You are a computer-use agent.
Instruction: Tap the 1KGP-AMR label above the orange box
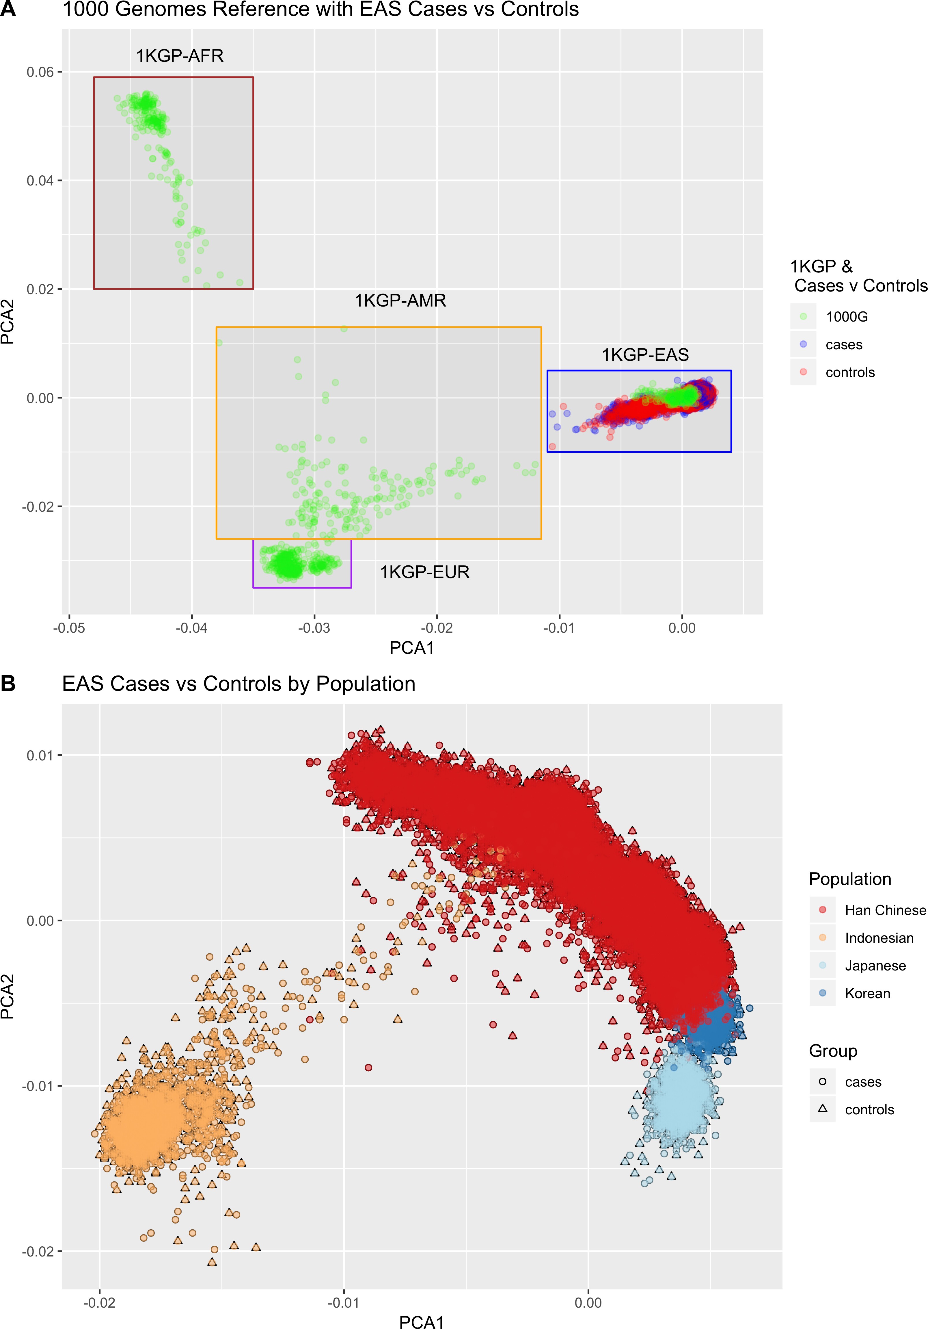[x=400, y=301]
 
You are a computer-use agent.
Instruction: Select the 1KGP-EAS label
[x=645, y=355]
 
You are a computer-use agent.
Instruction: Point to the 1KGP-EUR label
[x=425, y=572]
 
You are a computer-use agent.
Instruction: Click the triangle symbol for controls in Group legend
[x=822, y=1109]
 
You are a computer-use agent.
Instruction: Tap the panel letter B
[x=8, y=684]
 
